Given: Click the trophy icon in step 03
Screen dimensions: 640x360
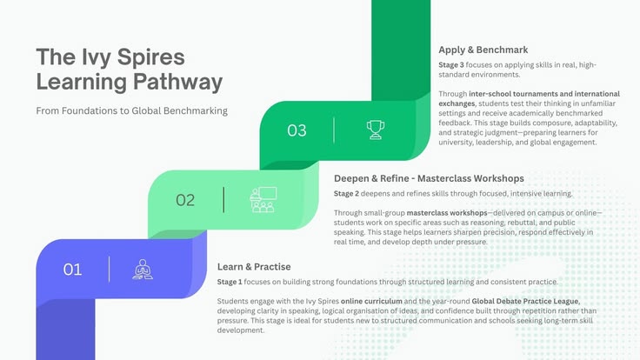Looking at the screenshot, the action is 375,130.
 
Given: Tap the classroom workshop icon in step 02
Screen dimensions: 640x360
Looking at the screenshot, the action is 263,200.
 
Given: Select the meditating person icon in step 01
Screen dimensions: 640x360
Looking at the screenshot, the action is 143,270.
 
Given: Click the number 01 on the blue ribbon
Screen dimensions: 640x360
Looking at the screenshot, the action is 73,270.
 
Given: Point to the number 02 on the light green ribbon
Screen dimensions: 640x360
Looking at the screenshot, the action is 185,200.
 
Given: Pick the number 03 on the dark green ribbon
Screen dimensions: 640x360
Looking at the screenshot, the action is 297,130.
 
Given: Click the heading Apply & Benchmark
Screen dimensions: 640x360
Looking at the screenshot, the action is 483,50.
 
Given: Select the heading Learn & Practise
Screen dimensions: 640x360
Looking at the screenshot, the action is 254,267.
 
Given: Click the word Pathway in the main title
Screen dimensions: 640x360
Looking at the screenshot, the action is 178,82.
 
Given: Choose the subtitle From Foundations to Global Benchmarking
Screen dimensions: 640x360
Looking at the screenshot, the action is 132,110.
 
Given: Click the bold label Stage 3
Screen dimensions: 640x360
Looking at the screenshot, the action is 451,65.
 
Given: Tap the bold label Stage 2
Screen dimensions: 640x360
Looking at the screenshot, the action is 346,193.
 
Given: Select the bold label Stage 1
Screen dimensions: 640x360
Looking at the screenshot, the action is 230,282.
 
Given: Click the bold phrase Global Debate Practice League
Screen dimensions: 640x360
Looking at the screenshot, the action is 526,301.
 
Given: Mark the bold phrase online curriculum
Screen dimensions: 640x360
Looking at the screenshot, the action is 371,301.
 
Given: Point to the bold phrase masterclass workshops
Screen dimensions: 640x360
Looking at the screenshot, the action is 447,213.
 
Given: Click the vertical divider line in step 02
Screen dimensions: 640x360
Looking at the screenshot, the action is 223,200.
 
